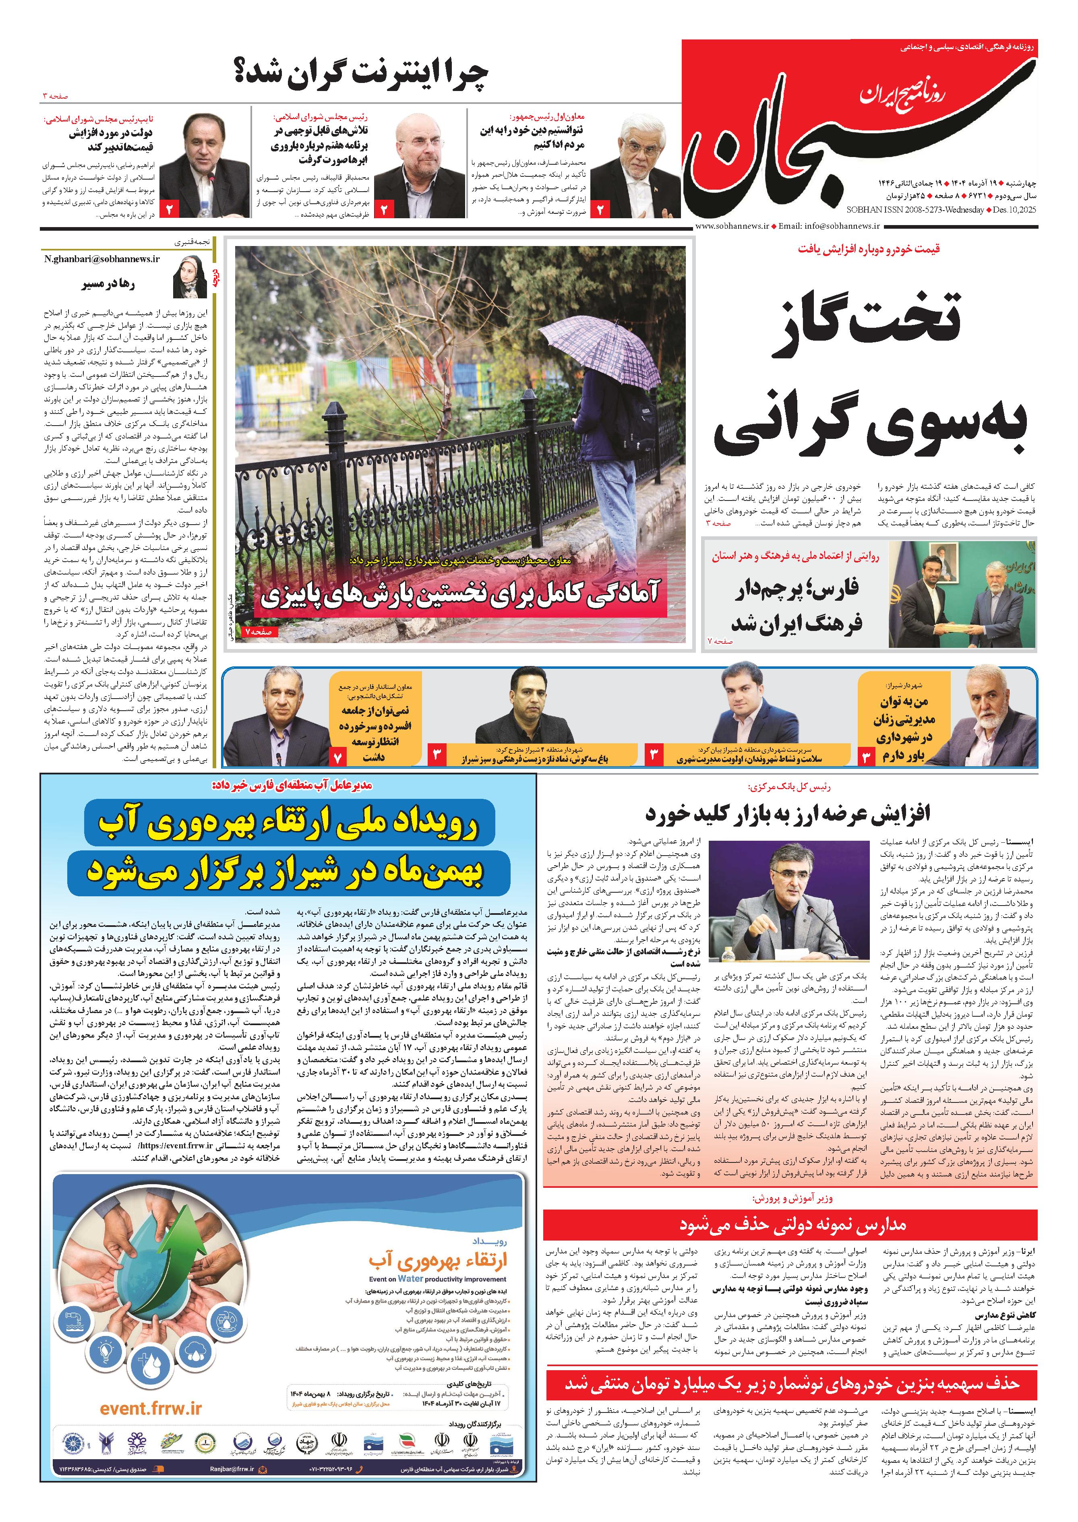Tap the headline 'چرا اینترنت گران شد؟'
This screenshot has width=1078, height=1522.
point(361,75)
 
